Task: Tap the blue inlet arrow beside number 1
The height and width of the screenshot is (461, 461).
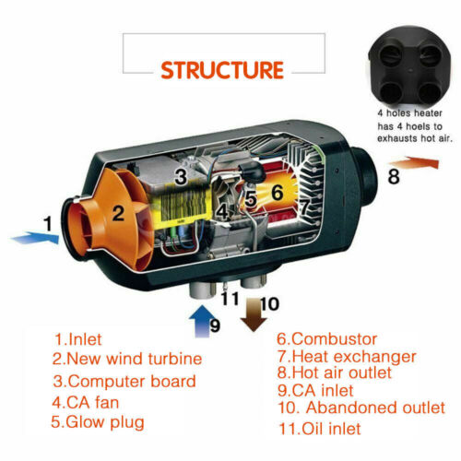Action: [35, 239]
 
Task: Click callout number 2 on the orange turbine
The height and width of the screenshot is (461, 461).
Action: [118, 214]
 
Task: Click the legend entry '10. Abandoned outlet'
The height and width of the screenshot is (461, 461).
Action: [361, 407]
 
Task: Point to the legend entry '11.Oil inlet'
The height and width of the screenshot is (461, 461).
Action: [319, 430]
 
